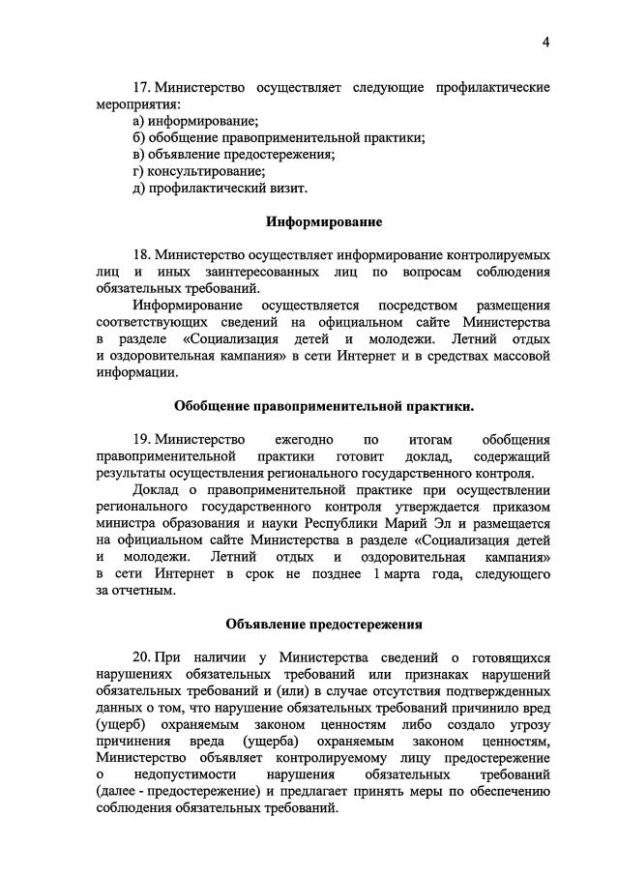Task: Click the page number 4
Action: (545, 42)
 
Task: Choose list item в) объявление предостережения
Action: (234, 154)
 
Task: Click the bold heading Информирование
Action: (324, 222)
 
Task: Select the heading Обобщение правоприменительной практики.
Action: (324, 406)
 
